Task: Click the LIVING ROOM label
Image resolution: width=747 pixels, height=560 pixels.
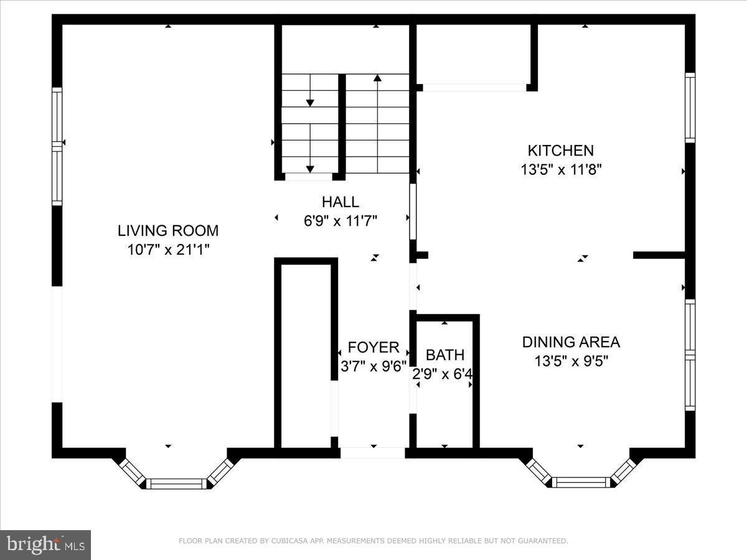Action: click(x=168, y=231)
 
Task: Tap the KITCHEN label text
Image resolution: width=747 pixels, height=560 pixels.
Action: click(x=560, y=151)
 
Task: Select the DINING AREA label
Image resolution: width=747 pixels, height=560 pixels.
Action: click(x=571, y=342)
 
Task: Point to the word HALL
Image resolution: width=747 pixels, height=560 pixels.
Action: click(x=340, y=202)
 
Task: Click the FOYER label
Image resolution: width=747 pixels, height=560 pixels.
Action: click(x=373, y=347)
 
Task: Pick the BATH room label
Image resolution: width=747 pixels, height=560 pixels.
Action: click(x=444, y=355)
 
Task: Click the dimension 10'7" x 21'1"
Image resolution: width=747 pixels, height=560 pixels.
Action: click(x=168, y=250)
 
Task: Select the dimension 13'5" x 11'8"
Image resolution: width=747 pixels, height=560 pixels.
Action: click(x=560, y=169)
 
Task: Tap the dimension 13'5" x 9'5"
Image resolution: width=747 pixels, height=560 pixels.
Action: click(x=571, y=360)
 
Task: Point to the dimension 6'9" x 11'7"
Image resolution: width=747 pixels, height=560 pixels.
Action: click(x=340, y=220)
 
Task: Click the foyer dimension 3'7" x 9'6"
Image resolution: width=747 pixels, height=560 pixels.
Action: click(x=373, y=366)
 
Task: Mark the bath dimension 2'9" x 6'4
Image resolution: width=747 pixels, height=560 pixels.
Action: click(x=444, y=374)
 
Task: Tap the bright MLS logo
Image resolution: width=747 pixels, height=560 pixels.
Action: click(x=45, y=544)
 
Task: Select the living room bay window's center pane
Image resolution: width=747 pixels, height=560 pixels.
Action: click(x=177, y=483)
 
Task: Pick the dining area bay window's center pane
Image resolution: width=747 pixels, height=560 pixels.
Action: click(x=581, y=482)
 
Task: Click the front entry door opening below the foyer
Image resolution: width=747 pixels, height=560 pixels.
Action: click(x=373, y=453)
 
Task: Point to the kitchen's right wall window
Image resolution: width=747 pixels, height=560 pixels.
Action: click(x=690, y=108)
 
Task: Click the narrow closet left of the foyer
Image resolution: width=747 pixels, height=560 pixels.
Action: click(x=306, y=355)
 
